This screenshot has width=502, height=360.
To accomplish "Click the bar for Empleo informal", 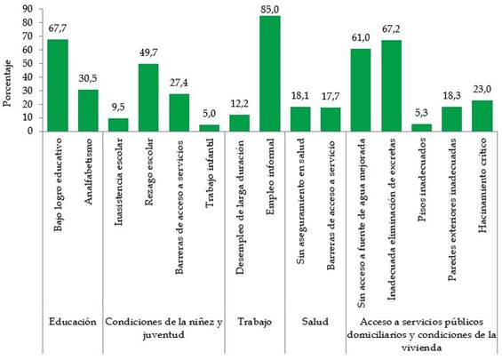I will (x=269, y=74).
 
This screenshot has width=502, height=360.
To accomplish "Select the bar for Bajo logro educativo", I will (x=58, y=85).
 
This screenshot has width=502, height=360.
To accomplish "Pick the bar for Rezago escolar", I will (x=148, y=98).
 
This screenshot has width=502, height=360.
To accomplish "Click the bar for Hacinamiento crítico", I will (x=481, y=116).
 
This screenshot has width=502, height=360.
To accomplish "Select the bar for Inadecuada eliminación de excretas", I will (x=391, y=85).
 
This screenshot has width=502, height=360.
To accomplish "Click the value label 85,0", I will (x=269, y=9).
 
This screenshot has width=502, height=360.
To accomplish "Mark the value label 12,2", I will (x=239, y=106).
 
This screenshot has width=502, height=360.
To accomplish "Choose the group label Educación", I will (x=72, y=321).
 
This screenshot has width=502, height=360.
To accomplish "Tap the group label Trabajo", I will (x=254, y=321).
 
